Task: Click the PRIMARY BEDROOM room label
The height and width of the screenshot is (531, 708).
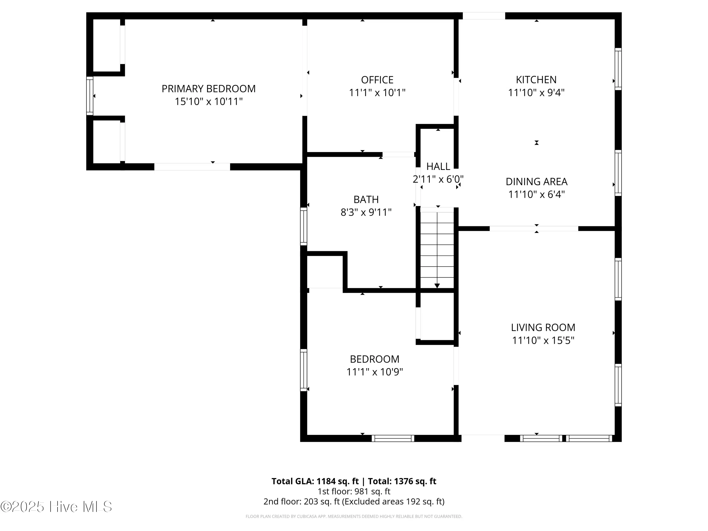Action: coord(208,89)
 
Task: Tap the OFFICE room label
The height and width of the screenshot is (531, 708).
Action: coord(377,80)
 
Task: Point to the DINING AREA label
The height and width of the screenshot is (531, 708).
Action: coord(536,181)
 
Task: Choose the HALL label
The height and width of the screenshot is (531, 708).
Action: coord(438,166)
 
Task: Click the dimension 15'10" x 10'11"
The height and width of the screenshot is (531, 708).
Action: coord(208,101)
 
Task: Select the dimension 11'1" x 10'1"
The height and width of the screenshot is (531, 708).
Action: coord(377,93)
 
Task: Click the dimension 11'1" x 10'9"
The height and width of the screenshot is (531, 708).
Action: coord(375,372)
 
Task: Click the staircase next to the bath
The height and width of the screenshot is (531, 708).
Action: coord(437,248)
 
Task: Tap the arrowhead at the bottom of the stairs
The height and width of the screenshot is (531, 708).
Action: coord(437,286)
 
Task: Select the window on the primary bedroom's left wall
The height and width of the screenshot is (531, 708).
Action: coord(90,96)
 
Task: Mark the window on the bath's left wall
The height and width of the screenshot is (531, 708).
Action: coord(303,226)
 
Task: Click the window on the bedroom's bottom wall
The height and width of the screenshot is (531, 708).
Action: coord(393,438)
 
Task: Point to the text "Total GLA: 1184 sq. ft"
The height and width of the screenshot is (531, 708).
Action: coord(315,481)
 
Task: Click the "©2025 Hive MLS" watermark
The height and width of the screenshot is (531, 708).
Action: coord(56,507)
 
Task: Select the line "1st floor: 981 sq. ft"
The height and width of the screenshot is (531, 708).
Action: coord(354,491)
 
